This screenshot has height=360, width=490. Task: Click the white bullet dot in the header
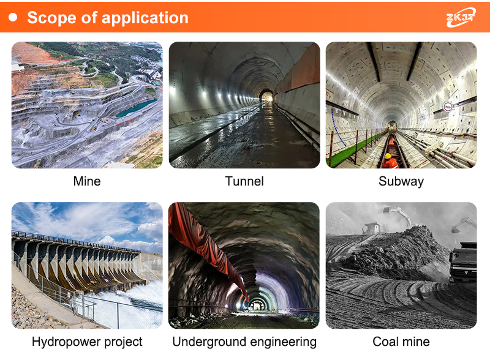13,17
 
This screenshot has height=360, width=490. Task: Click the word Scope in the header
51,18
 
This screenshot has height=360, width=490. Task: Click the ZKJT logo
461,17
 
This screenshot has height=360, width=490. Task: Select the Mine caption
87,181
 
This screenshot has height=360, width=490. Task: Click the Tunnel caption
244,181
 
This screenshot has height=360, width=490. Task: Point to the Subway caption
401,182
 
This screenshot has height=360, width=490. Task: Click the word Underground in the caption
209,342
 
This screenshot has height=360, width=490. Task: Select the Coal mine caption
401,342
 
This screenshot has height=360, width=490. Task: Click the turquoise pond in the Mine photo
136,108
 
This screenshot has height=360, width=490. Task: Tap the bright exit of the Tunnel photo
266,96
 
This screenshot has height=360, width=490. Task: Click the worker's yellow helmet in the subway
388,156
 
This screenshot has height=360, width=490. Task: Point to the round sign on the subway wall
448,107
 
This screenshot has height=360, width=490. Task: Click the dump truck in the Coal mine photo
464,262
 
